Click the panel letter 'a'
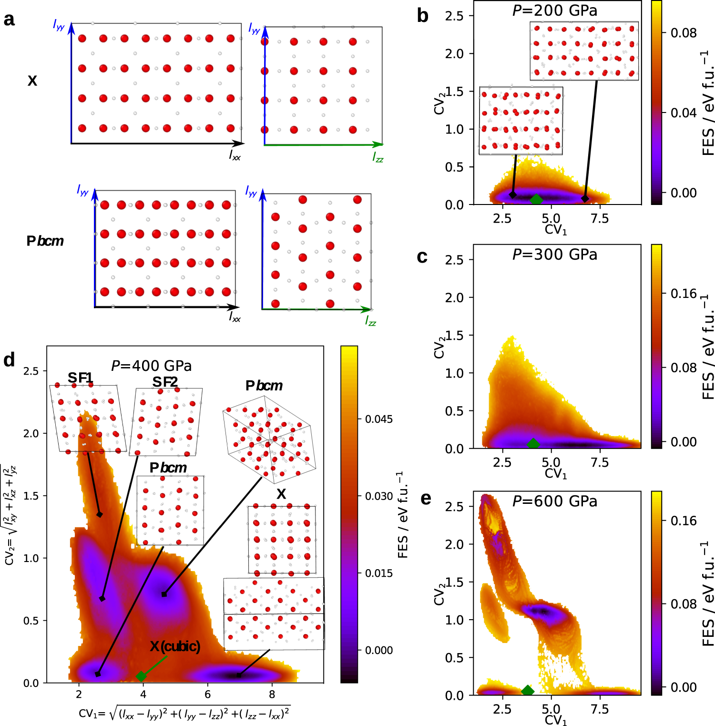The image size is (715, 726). (x=9, y=20)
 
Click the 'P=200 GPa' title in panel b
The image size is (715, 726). (x=554, y=10)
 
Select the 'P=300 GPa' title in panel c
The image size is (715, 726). (x=554, y=255)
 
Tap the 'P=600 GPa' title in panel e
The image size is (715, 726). (x=554, y=501)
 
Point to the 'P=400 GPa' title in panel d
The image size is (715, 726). (x=151, y=366)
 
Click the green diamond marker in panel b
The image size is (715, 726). (x=536, y=199)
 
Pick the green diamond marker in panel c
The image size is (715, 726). (x=533, y=443)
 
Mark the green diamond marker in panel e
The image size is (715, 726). (x=527, y=690)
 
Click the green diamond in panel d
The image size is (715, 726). (x=141, y=676)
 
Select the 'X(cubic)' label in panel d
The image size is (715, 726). (x=175, y=646)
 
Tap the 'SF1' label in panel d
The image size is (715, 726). (x=80, y=378)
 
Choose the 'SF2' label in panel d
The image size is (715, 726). (x=165, y=382)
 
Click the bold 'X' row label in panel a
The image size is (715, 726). (x=32, y=81)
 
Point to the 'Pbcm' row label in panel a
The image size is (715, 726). (x=45, y=241)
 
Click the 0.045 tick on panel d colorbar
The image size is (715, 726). (x=378, y=419)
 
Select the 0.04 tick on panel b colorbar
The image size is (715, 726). (x=684, y=113)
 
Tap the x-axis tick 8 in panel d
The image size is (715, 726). (x=272, y=694)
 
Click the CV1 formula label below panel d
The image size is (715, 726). (x=184, y=713)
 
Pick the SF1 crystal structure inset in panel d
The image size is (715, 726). (x=87, y=418)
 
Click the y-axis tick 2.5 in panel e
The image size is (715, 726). (x=454, y=506)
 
